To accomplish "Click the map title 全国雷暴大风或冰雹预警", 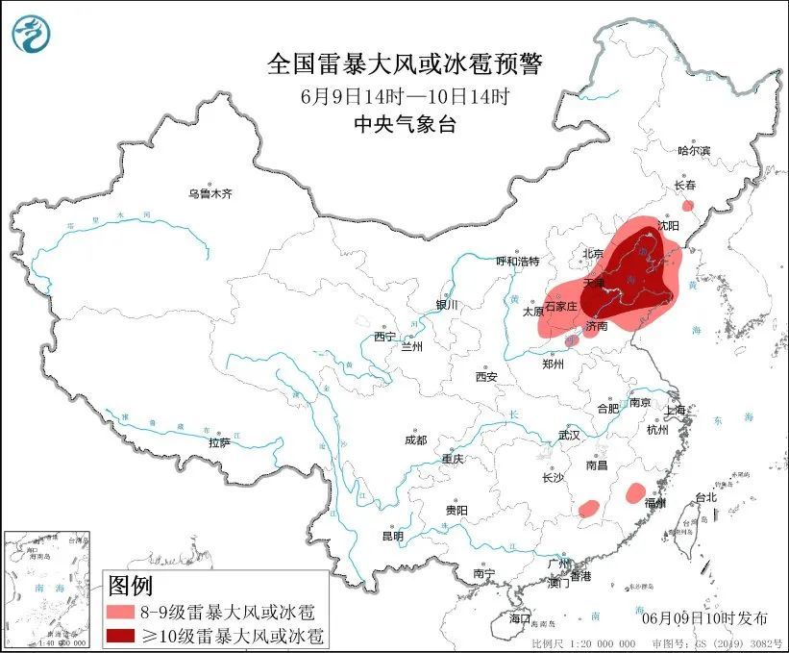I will pos(404,64).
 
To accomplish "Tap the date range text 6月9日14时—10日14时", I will pos(404,96).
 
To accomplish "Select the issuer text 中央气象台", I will pos(404,123).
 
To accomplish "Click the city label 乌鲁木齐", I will pos(210,193).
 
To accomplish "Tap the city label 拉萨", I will pos(219,442).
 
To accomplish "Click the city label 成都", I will pos(415,440).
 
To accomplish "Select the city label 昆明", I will pos(394,536).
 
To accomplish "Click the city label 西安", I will pos(485,377).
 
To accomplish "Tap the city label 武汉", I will pos(569,435).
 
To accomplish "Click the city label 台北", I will pos(705,497).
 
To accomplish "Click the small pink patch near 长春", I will pos(687,206).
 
